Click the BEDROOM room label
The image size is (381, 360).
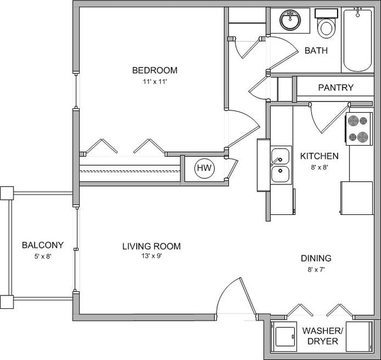point(155,70)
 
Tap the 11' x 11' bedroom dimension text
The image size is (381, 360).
point(155,82)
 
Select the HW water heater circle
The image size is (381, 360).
point(204,169)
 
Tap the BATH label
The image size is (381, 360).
point(316,51)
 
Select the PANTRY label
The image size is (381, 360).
point(336,88)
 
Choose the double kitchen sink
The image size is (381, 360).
point(280,165)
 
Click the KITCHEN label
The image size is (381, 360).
point(319,156)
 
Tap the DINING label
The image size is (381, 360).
point(316,258)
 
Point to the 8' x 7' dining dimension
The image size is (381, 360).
point(316,269)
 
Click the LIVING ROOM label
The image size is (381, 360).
point(151,246)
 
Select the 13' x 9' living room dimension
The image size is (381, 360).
point(151,257)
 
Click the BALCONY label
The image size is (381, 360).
point(42,245)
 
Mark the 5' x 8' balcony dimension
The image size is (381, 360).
point(42,256)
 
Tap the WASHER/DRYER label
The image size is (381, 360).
point(321,335)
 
